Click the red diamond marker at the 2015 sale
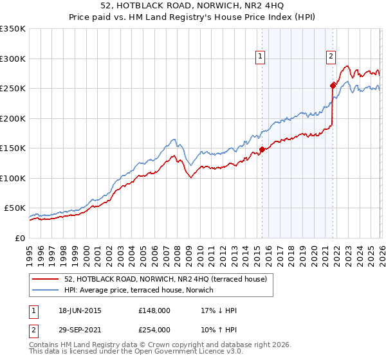point(262,150)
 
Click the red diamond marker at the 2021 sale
point(333,85)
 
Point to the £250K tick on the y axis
point(13,89)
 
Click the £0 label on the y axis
point(19,238)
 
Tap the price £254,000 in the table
point(154,330)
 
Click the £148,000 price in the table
point(154,311)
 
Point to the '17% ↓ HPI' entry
point(219,311)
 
